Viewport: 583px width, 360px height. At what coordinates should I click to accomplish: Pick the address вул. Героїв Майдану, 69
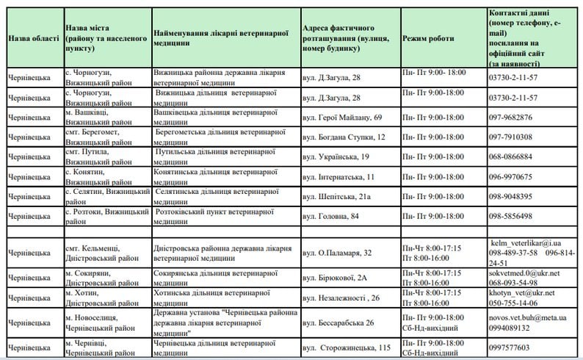(342, 118)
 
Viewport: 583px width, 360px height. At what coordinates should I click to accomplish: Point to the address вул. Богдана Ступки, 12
(344, 137)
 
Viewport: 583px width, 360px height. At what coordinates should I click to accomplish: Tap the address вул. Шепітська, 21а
(338, 197)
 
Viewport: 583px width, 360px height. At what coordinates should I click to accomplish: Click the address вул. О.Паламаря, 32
(337, 253)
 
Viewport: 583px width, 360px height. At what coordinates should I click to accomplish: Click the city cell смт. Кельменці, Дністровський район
(100, 253)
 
